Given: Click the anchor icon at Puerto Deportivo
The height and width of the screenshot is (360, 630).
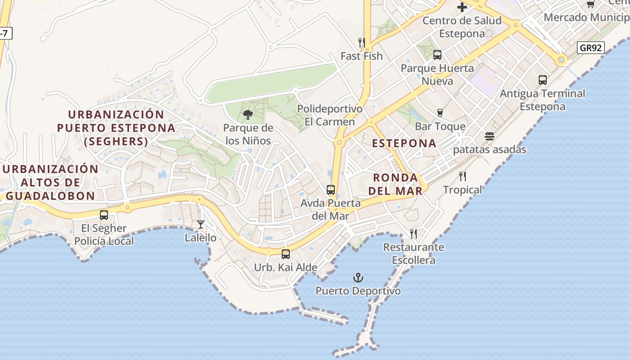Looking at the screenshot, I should click(x=358, y=277).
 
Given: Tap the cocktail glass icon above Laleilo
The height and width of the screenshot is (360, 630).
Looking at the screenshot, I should click(x=201, y=224).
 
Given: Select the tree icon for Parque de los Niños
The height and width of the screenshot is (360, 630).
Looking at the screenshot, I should click(x=247, y=115).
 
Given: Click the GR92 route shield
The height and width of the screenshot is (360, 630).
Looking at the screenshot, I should click(x=591, y=48).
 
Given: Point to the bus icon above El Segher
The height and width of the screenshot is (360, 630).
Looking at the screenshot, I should click(x=104, y=215).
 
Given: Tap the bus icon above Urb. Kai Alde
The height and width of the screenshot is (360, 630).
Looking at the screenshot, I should click(x=285, y=254).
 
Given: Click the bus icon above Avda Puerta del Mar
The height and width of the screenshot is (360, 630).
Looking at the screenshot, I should click(x=331, y=190).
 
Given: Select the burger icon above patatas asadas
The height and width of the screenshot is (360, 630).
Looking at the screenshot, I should click(x=490, y=136).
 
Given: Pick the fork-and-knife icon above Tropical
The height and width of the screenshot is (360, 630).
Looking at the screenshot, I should click(x=463, y=176).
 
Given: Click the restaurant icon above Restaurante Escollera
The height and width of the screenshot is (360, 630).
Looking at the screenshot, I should click(x=414, y=234).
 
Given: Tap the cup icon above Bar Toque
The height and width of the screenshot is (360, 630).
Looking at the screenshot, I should click(x=440, y=113).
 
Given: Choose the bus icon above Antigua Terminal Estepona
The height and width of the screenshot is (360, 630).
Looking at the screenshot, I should click(x=543, y=80).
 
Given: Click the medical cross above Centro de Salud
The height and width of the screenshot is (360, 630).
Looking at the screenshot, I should click(x=462, y=7).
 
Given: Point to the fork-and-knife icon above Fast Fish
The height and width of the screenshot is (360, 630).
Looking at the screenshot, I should click(x=361, y=43).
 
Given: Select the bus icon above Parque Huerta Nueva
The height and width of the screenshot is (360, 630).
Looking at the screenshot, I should click(x=437, y=55).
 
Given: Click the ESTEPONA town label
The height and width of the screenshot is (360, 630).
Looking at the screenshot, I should click(x=404, y=143).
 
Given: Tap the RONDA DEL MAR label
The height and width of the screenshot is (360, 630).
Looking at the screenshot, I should click(x=396, y=184).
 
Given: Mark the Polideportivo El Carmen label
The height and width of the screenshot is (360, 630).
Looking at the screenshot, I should click(x=330, y=115).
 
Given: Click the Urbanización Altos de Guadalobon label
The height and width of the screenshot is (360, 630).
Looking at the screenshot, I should click(x=50, y=182).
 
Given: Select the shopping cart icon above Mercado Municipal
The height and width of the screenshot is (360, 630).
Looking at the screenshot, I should click(x=590, y=4).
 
